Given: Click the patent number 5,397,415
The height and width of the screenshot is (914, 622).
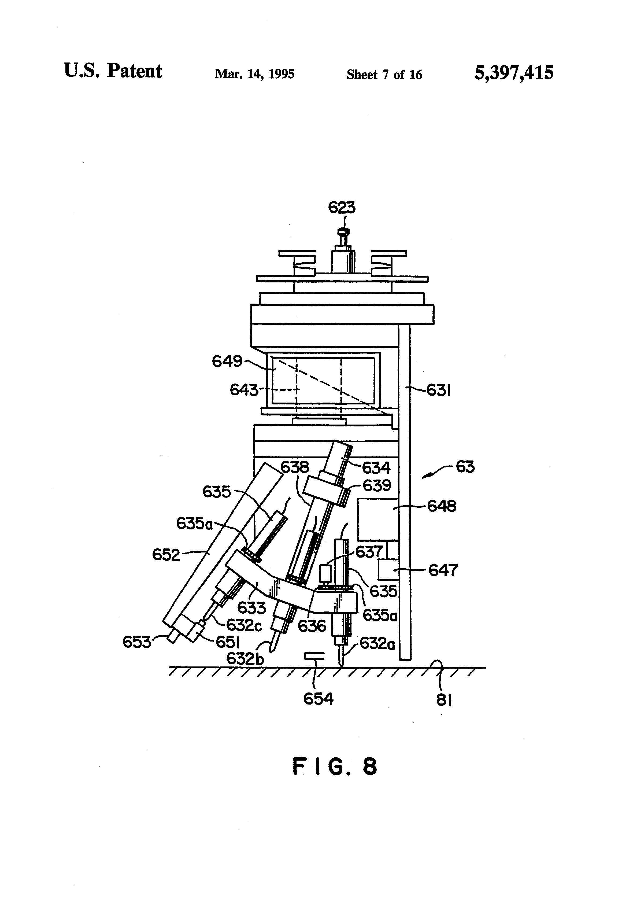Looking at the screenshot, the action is point(514,73).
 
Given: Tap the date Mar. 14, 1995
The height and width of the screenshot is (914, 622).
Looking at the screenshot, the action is point(254,74).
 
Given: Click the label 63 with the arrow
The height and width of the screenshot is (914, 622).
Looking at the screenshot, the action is point(465,467).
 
